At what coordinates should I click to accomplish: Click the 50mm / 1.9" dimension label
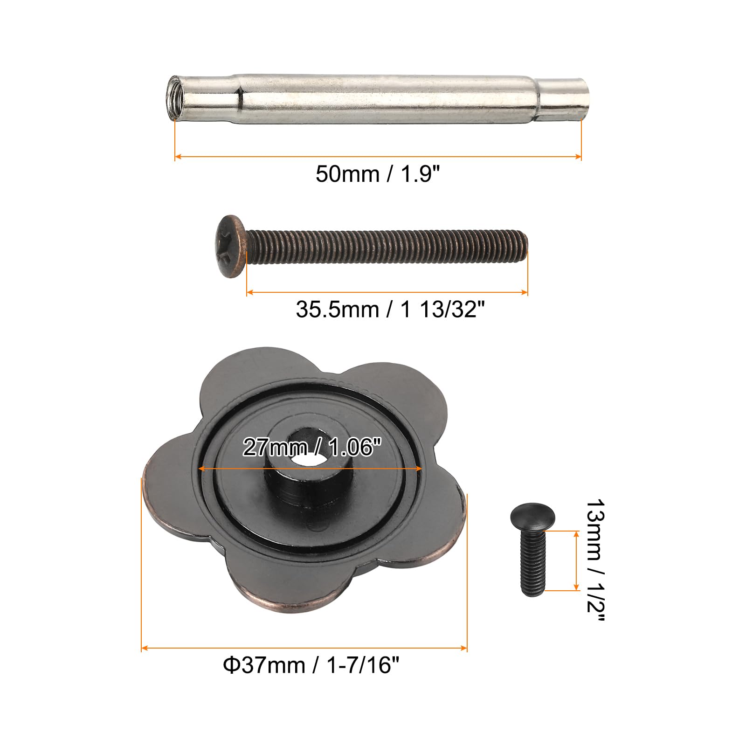click(378, 175)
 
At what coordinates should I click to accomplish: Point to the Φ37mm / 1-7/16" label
click(311, 664)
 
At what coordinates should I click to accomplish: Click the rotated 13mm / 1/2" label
click(595, 560)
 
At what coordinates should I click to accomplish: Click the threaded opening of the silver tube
click(175, 98)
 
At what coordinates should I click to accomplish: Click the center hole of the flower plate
click(303, 457)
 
